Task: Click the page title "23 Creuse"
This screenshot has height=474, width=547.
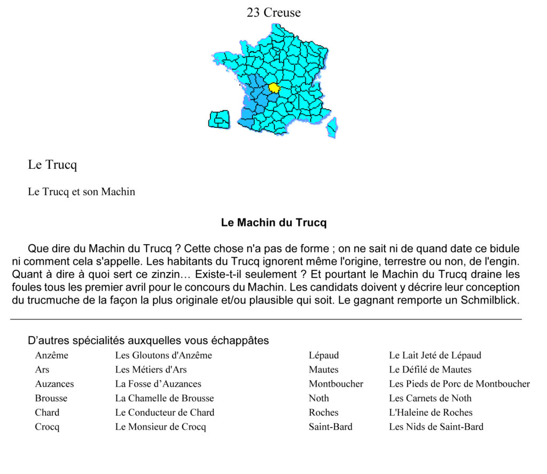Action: [273, 12]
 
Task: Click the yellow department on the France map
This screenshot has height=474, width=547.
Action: [274, 88]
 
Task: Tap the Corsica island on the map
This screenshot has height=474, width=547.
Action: [332, 127]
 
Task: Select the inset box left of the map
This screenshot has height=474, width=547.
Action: [219, 119]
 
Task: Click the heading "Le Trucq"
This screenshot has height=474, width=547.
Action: [52, 165]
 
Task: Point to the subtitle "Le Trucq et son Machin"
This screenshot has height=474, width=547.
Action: [81, 192]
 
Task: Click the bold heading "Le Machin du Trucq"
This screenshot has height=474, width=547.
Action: [273, 223]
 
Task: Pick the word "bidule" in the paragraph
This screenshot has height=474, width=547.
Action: [502, 249]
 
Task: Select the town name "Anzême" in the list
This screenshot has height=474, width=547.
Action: [52, 355]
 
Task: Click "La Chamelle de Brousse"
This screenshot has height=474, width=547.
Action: [165, 398]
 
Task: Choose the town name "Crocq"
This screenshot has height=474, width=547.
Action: [48, 427]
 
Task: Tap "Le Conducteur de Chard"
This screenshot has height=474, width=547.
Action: [165, 413]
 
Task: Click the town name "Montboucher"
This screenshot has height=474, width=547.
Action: [336, 384]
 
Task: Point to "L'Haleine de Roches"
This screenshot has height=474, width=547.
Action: [431, 413]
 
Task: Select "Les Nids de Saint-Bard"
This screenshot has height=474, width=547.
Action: [436, 427]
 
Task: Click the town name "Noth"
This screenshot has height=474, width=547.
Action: [319, 398]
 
